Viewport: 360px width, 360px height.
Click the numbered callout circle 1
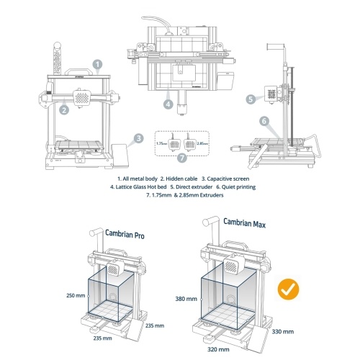pos(98,64)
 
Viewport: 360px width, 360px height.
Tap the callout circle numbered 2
pos(64,110)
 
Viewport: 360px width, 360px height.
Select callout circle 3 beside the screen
pos(139,138)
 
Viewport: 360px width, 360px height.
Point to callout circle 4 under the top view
pos(168,104)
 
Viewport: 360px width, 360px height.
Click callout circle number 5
pos(251,99)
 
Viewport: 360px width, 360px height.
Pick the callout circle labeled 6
pos(264,121)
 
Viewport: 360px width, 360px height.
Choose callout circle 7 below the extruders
pos(182,158)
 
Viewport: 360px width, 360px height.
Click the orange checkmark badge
pos(288,289)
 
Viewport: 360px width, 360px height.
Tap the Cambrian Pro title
pos(125,234)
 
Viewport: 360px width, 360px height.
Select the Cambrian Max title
pos(245,223)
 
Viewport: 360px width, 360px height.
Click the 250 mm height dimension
pos(76,295)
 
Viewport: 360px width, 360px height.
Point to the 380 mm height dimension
pos(186,299)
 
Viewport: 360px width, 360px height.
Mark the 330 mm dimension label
pos(283,332)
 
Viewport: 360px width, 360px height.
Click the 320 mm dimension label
pos(218,349)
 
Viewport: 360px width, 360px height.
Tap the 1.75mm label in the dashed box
pos(161,143)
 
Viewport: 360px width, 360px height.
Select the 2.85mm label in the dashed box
pos(202,143)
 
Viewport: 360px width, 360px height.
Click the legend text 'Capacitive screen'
pos(228,179)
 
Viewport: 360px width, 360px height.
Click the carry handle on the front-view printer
pos(78,71)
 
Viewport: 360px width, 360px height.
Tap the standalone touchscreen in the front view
pos(120,156)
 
